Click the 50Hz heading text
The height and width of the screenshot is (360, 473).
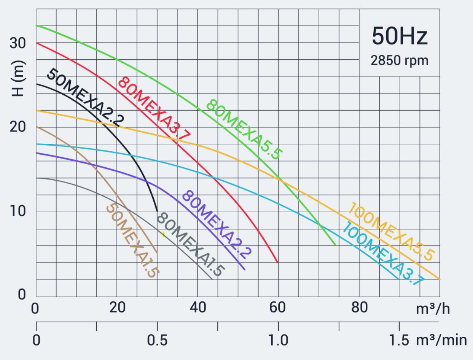click(400, 37)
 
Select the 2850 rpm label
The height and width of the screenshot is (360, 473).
click(400, 60)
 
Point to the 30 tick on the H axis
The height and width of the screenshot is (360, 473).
click(18, 43)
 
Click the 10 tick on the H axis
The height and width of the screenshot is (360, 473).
click(18, 211)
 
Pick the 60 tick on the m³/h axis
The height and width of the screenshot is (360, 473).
click(278, 308)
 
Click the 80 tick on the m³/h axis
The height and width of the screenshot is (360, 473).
click(359, 308)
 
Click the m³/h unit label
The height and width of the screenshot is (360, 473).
click(433, 308)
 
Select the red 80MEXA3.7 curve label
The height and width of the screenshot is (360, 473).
click(154, 109)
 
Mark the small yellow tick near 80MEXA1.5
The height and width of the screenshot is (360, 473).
click(164, 234)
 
